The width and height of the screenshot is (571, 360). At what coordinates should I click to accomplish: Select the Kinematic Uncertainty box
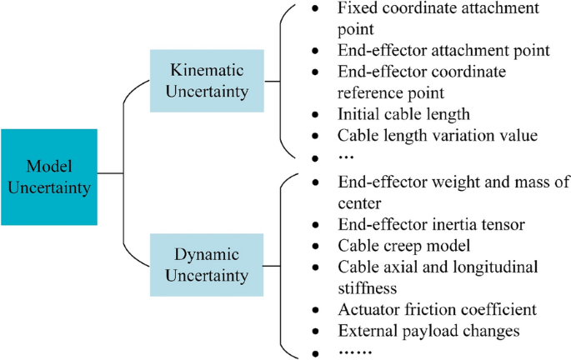pyautogui.click(x=199, y=81)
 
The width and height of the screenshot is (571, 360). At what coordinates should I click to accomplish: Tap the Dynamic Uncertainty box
pyautogui.click(x=199, y=265)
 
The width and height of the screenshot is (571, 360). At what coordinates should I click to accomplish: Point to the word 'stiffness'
pyautogui.click(x=370, y=287)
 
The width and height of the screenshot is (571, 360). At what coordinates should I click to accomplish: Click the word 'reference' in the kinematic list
pyautogui.click(x=372, y=91)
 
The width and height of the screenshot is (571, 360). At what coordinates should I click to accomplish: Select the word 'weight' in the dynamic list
pyautogui.click(x=451, y=181)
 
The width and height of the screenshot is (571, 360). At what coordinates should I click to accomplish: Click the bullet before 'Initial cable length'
pyautogui.click(x=314, y=114)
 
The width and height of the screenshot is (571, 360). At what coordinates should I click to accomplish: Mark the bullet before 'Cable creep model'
pyautogui.click(x=314, y=247)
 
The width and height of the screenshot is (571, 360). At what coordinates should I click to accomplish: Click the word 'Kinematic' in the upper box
pyautogui.click(x=199, y=70)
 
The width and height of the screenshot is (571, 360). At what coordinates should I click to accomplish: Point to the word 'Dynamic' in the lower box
pyautogui.click(x=199, y=254)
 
